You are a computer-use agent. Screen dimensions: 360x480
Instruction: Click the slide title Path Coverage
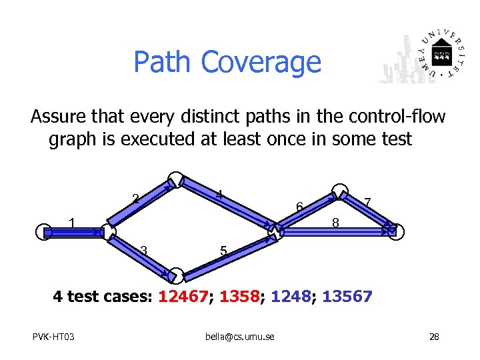tap(227, 62)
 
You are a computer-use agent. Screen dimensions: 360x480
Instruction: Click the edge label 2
tap(135, 198)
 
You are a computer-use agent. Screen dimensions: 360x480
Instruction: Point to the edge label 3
tap(143, 251)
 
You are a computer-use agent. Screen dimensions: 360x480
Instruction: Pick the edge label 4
tap(218, 195)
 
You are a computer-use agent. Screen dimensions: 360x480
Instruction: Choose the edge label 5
tap(224, 251)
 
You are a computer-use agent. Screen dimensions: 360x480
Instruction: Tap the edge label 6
tap(300, 207)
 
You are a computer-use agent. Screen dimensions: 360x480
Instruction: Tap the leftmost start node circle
tap(43, 231)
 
